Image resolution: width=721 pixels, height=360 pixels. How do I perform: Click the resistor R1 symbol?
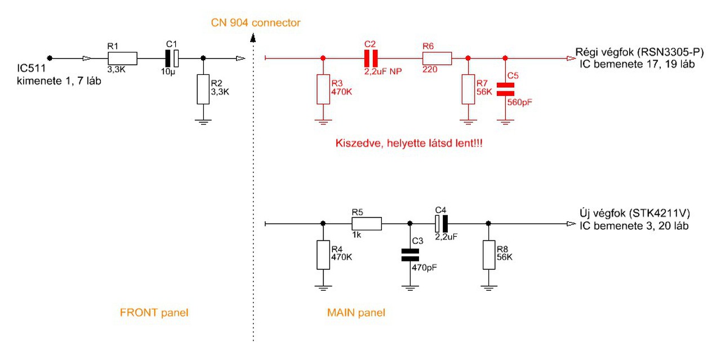(122, 59)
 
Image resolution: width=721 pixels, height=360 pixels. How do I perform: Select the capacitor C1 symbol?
(171, 58)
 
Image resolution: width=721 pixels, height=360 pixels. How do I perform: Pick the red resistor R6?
(437, 58)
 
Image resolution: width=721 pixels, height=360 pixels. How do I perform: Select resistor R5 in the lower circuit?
(367, 224)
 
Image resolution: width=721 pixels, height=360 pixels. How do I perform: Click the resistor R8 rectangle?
(489, 255)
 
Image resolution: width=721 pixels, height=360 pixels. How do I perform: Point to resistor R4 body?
(323, 255)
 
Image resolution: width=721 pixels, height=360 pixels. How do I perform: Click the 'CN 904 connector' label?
(256, 23)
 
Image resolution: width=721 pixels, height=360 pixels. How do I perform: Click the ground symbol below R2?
(203, 121)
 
